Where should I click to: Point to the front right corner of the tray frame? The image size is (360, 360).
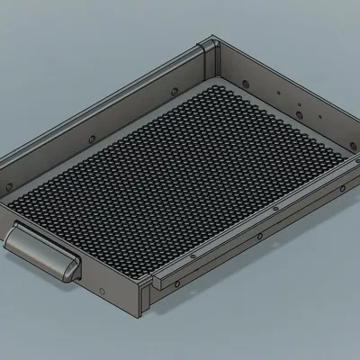click(x=145, y=301)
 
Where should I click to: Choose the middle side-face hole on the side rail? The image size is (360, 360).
click(x=260, y=236)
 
